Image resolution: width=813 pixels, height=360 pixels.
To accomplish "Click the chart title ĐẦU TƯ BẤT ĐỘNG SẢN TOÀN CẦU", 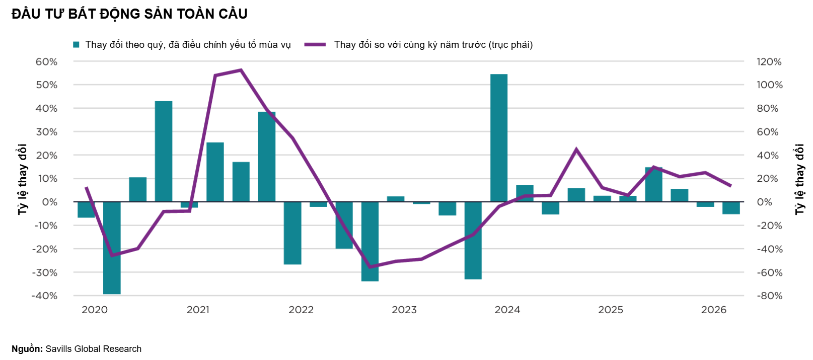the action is pyautogui.click(x=129, y=14).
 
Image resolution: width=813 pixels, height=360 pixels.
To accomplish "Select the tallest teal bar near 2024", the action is pyautogui.click(x=499, y=138).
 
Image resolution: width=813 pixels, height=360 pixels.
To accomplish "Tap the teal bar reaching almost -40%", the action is pyautogui.click(x=112, y=248).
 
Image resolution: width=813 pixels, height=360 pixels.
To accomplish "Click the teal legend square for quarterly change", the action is pyautogui.click(x=76, y=45).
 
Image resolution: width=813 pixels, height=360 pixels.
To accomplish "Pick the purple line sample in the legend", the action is pyautogui.click(x=315, y=45).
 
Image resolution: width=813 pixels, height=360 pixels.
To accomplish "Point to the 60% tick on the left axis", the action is pyautogui.click(x=46, y=62).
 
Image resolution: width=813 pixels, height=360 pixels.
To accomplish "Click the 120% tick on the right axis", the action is pyautogui.click(x=769, y=62).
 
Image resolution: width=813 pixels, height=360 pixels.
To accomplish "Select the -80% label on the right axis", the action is pyautogui.click(x=769, y=296).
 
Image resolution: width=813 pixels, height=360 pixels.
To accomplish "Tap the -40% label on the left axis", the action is pyautogui.click(x=45, y=296).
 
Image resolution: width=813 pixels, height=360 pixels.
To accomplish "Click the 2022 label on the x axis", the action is pyautogui.click(x=301, y=310).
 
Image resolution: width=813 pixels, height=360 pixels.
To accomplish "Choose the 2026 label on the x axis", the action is pyautogui.click(x=714, y=310).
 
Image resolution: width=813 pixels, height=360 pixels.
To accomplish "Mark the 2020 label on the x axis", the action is pyautogui.click(x=94, y=310).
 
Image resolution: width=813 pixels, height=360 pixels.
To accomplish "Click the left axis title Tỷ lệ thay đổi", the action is pyautogui.click(x=22, y=179).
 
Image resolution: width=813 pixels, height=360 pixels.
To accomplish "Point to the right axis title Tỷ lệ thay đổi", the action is pyautogui.click(x=799, y=179).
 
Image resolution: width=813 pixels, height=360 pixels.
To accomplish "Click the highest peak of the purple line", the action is pyautogui.click(x=241, y=69).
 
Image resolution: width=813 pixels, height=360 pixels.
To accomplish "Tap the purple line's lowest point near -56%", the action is pyautogui.click(x=370, y=267).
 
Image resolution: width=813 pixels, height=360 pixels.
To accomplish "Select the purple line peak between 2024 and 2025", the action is pyautogui.click(x=576, y=149).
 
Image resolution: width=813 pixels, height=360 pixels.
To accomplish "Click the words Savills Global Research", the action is pyautogui.click(x=93, y=349).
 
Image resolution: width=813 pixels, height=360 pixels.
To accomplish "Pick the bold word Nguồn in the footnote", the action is pyautogui.click(x=26, y=349).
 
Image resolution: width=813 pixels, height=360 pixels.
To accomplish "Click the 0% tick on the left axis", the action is pyautogui.click(x=50, y=202).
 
